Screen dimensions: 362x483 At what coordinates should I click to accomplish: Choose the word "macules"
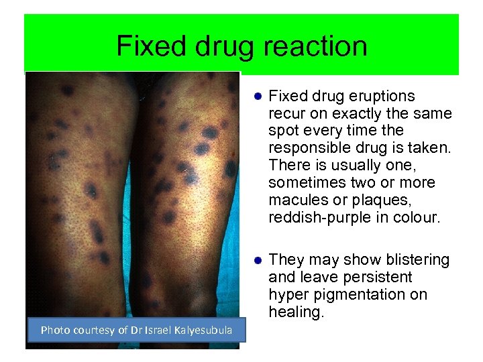coord(295,200)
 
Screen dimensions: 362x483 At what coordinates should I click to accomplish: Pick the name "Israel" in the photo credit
coord(154,329)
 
